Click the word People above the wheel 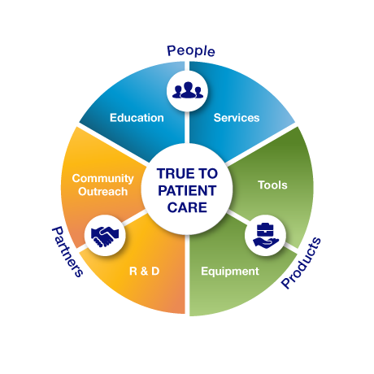click(x=191, y=51)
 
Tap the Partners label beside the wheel click(x=67, y=252)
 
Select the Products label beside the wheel click(x=301, y=263)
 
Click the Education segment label click(x=137, y=118)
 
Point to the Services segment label click(x=237, y=118)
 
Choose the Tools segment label click(x=272, y=185)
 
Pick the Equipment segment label click(x=230, y=272)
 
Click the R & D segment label click(x=145, y=271)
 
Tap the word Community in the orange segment click(x=103, y=179)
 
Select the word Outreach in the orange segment click(x=103, y=192)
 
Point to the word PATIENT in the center click(x=187, y=190)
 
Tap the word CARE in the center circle click(x=187, y=207)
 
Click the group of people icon click(x=188, y=90)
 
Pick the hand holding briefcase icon click(x=266, y=236)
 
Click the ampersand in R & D click(x=145, y=272)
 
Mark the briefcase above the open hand click(x=265, y=230)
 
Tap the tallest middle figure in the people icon click(x=188, y=89)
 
